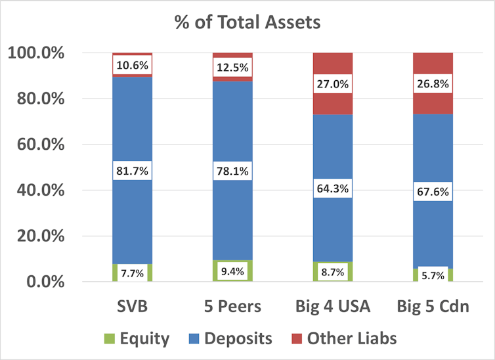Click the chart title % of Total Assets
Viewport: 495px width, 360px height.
247,22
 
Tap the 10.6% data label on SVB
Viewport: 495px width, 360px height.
133,65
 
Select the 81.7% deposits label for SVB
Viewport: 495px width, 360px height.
133,171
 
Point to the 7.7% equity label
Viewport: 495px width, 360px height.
133,272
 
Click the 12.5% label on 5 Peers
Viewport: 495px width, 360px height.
232,67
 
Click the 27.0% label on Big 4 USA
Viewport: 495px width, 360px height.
333,84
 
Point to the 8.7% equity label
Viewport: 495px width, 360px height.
333,272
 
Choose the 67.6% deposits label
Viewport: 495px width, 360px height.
433,191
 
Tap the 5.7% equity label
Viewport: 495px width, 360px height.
433,275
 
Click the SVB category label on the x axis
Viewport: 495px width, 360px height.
133,307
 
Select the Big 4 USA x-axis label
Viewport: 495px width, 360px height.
333,307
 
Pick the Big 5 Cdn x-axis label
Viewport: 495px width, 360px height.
433,307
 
